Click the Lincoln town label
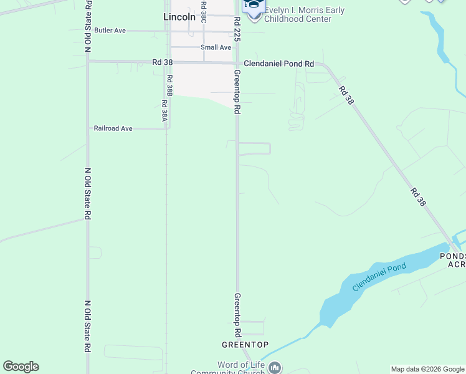click(x=179, y=17)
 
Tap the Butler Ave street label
click(x=110, y=30)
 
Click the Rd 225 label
click(x=237, y=29)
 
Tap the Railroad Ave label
click(x=113, y=128)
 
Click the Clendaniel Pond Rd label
click(x=278, y=64)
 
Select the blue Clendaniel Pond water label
click(x=379, y=277)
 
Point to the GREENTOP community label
click(x=245, y=345)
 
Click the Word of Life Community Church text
click(x=240, y=368)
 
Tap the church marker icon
click(x=275, y=368)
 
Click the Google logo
click(x=21, y=367)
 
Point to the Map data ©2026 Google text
click(x=427, y=369)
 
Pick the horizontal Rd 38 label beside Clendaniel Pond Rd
click(x=162, y=63)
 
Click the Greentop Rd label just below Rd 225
click(x=237, y=91)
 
